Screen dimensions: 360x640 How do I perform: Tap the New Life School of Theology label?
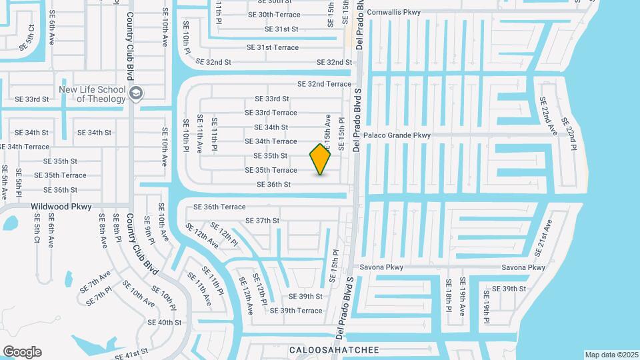[92, 94]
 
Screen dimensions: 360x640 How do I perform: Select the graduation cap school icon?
[137, 93]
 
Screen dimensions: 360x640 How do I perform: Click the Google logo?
[22, 352]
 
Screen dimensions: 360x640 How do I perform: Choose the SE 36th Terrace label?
[219, 207]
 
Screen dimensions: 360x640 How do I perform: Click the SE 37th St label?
[262, 221]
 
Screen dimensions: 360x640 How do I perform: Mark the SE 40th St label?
[165, 323]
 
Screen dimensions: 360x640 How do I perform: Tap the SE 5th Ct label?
[27, 37]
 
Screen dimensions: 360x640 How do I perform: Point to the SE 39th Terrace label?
[296, 311]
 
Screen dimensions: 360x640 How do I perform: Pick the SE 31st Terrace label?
[273, 47]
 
